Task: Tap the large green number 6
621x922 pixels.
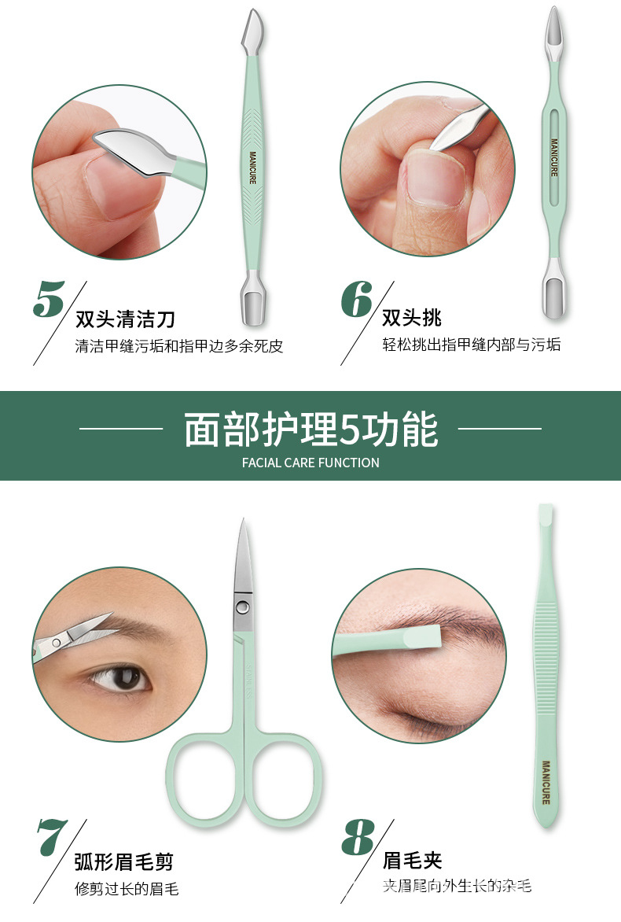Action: (x=356, y=298)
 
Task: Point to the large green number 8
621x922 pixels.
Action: (x=358, y=838)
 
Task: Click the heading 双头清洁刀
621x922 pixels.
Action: (x=125, y=319)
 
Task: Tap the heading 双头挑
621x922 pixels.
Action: (x=412, y=318)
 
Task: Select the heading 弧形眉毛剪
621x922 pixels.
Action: (x=124, y=861)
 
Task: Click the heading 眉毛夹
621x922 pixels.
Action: (x=412, y=860)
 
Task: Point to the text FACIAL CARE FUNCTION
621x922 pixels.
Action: (x=310, y=463)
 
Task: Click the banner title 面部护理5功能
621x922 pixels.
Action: (x=310, y=429)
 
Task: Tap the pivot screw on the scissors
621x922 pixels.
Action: (x=244, y=607)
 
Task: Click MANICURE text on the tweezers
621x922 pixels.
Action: (x=546, y=782)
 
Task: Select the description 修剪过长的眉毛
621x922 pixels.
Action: (x=127, y=889)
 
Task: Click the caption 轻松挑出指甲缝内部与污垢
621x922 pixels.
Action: (x=472, y=345)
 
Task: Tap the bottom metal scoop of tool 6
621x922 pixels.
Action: (x=553, y=296)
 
